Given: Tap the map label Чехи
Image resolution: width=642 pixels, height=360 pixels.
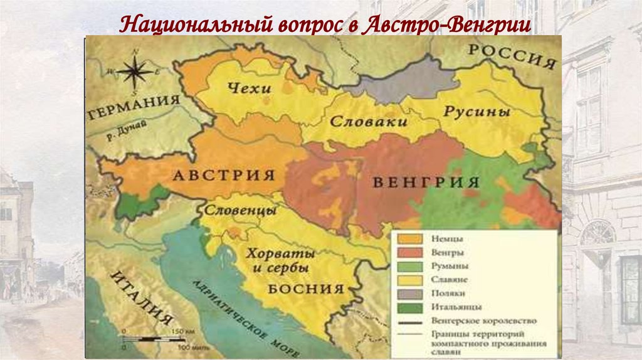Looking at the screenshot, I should point(250,88).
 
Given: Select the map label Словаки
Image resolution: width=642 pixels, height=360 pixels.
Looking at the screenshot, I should point(369,121).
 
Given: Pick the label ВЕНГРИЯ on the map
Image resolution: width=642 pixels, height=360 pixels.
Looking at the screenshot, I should point(426,183).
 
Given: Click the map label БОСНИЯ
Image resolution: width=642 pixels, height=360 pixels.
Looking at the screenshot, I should point(307,289).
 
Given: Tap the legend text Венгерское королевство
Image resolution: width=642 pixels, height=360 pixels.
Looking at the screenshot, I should point(483,320).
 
